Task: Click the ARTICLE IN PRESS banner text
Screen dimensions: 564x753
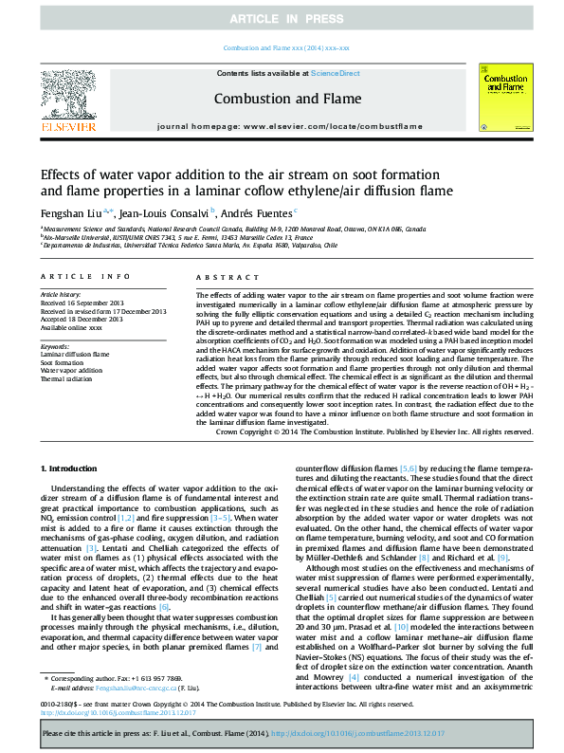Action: click(x=282, y=19)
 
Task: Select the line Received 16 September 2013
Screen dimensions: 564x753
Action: click(x=85, y=303)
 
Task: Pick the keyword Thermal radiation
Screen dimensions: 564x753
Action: click(x=67, y=378)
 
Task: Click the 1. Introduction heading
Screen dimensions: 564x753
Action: click(x=76, y=469)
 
